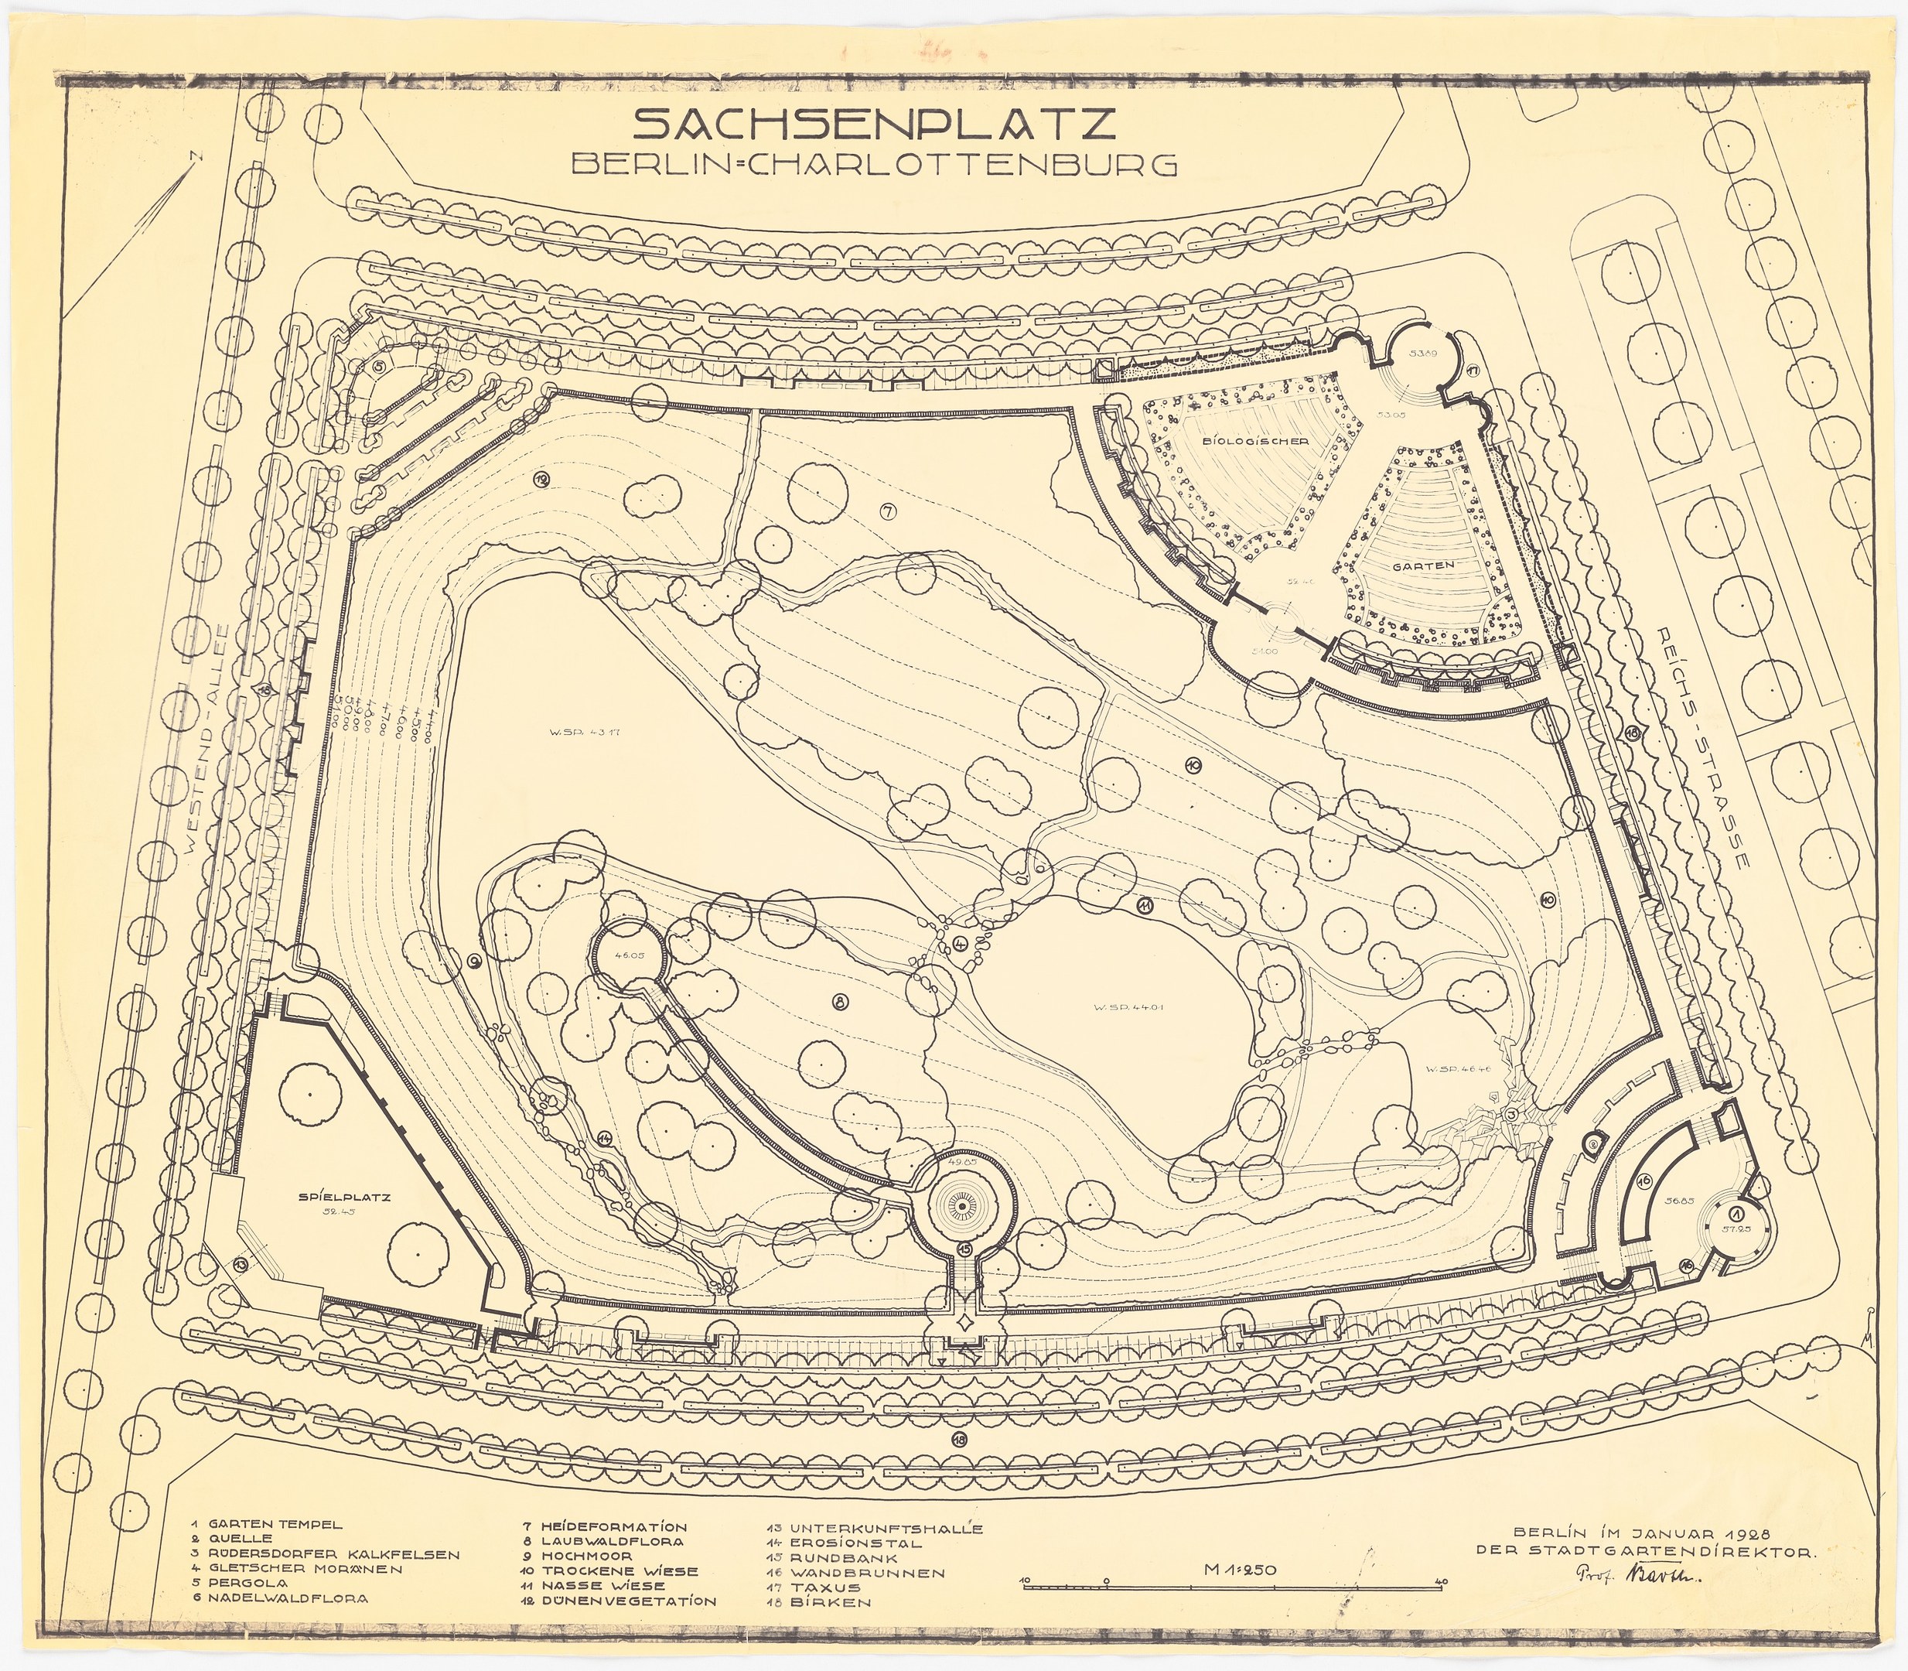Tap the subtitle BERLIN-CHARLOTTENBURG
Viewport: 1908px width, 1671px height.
[874, 165]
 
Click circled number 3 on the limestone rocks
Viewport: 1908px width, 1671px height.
[1512, 1114]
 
